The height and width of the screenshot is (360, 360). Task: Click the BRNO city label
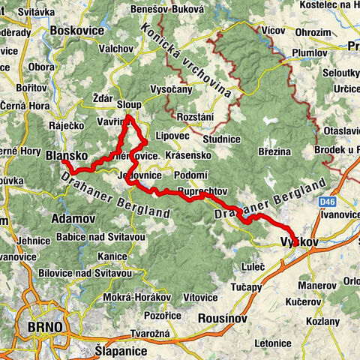(42, 328)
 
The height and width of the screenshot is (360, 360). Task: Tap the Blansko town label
(66, 156)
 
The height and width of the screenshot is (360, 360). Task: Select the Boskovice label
(76, 31)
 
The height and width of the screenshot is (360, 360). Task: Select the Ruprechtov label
(202, 190)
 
